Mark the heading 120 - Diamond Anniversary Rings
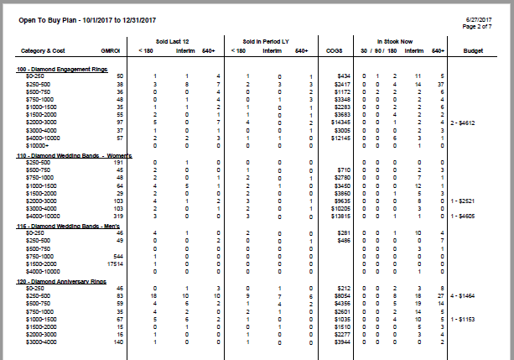[x=55, y=281]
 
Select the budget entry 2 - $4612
[x=463, y=123]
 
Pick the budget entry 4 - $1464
[x=463, y=295]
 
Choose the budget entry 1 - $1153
[x=463, y=320]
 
